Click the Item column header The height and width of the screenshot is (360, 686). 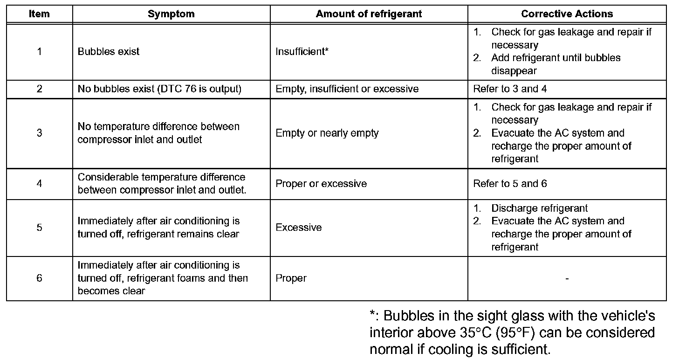(39, 14)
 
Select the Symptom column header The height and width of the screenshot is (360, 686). (171, 14)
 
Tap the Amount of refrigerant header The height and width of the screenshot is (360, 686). (369, 14)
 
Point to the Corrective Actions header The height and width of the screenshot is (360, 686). (567, 14)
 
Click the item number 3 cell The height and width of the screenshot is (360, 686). (39, 133)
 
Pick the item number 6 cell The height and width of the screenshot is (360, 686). (39, 278)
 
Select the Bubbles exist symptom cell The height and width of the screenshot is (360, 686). (109, 52)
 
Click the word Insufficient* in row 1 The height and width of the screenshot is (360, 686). (302, 52)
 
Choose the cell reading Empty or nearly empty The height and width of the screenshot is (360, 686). (327, 133)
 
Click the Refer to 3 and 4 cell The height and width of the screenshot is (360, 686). (510, 89)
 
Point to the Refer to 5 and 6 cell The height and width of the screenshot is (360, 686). (510, 184)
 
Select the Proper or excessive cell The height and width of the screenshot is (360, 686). (321, 184)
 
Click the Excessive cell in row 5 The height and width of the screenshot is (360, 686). (299, 228)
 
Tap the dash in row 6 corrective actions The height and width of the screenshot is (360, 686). (567, 278)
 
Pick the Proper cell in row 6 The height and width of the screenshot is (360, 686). (291, 278)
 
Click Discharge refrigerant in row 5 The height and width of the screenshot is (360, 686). (539, 208)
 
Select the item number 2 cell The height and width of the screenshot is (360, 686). (39, 89)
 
